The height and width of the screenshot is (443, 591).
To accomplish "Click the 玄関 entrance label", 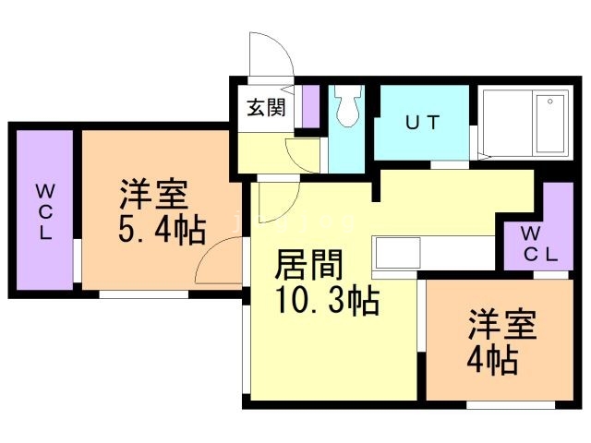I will click(x=265, y=106).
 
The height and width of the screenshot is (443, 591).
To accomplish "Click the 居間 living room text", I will click(x=310, y=267).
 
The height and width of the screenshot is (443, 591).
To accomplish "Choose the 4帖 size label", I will click(x=491, y=357).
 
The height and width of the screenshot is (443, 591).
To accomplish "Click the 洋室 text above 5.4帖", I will click(x=153, y=195).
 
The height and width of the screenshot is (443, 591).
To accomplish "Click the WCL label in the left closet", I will click(x=43, y=211).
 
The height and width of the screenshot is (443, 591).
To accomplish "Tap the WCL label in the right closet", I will click(x=538, y=244).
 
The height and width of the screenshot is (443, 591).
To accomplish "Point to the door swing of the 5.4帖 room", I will click(x=222, y=259).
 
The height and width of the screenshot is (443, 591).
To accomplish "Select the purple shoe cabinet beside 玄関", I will click(x=310, y=106).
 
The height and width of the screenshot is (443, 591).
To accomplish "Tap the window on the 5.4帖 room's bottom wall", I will click(x=143, y=294).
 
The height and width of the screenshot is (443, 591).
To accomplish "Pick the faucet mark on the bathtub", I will click(x=551, y=101).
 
